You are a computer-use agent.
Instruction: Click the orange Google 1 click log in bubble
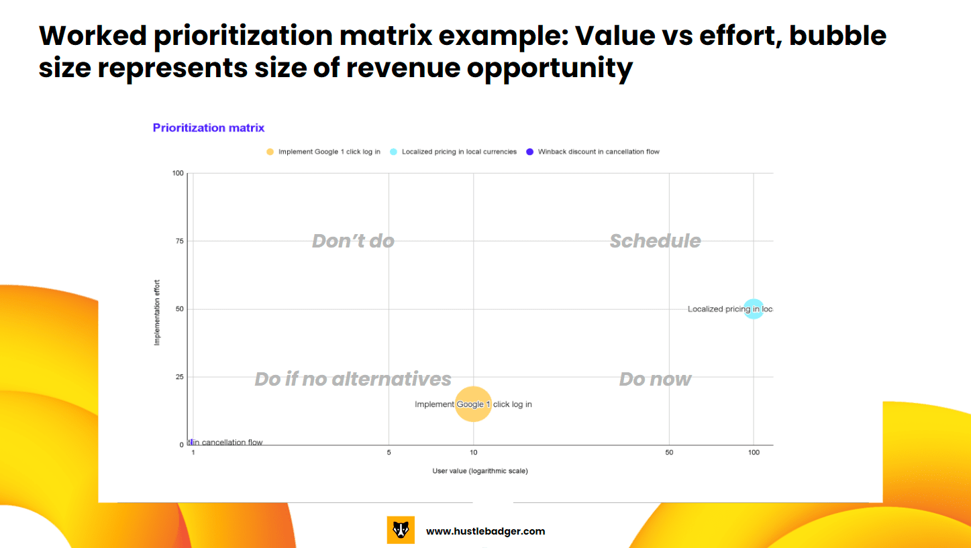tap(474, 404)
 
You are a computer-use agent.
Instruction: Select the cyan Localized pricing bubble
tap(754, 309)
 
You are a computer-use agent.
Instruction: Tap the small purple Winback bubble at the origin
tap(192, 442)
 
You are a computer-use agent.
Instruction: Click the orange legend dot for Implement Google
tap(270, 152)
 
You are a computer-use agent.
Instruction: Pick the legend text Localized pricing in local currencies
tap(459, 152)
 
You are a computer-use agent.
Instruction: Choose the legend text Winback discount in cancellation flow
tap(599, 152)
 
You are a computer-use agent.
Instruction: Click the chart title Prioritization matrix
tap(209, 127)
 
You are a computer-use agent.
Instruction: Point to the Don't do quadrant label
tap(353, 241)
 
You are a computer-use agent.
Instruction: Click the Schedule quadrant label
tap(655, 241)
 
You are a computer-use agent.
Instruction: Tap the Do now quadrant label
tap(655, 379)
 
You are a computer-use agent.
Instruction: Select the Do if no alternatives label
tap(353, 379)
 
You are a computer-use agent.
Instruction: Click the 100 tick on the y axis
tap(177, 173)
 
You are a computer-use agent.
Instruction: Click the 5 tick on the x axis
tap(389, 453)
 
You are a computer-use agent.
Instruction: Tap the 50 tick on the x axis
tap(669, 453)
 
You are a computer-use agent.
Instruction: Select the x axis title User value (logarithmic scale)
tap(480, 471)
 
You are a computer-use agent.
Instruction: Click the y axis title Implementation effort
tap(157, 313)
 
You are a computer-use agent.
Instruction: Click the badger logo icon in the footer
tap(401, 530)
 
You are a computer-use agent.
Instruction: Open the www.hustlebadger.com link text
tap(485, 531)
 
